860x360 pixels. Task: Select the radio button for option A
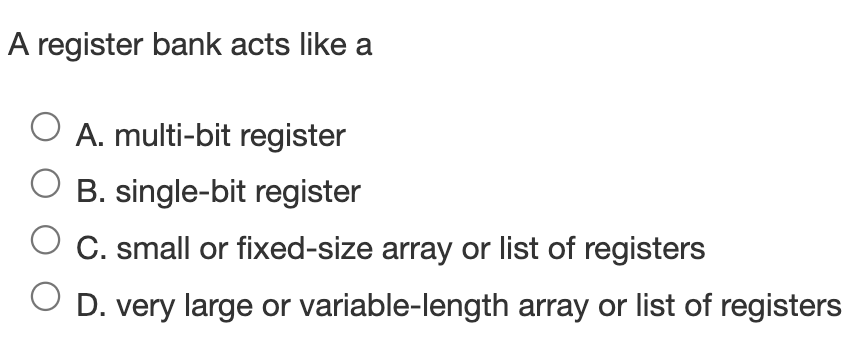(x=46, y=128)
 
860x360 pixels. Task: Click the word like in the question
(x=320, y=47)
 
